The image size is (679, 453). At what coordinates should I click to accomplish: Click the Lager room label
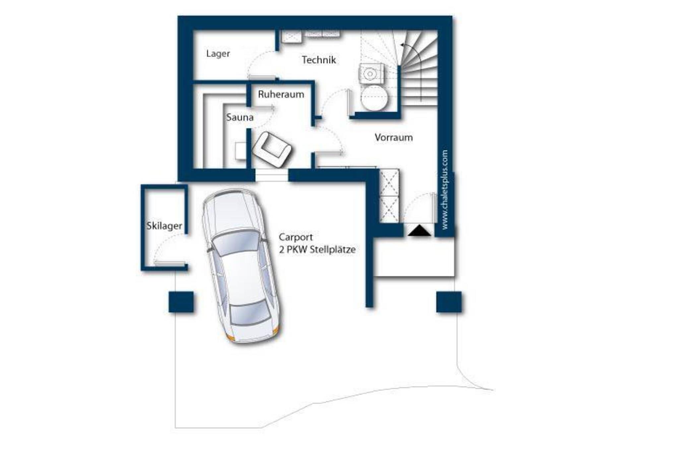218,54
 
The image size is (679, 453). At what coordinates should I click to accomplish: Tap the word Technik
319,60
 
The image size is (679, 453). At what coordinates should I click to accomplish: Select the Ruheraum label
281,95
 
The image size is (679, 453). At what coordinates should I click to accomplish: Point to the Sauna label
240,117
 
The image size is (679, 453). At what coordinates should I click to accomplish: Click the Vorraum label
394,137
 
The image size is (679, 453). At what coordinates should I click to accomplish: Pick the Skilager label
164,226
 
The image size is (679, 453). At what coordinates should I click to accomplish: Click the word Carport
296,238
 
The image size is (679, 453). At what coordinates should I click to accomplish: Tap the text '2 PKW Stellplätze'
317,250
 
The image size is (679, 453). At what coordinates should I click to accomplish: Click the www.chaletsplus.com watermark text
445,189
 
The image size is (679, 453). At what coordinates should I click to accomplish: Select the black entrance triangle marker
419,230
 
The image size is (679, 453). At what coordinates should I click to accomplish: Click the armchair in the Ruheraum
272,149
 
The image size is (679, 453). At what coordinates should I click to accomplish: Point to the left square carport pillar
181,302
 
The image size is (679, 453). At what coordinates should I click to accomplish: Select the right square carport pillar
449,302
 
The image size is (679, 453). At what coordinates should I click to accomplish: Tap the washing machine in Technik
371,73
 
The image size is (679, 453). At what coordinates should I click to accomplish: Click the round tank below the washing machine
374,98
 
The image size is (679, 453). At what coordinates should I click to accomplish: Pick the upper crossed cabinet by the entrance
389,182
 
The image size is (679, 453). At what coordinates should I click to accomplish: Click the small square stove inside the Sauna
241,151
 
